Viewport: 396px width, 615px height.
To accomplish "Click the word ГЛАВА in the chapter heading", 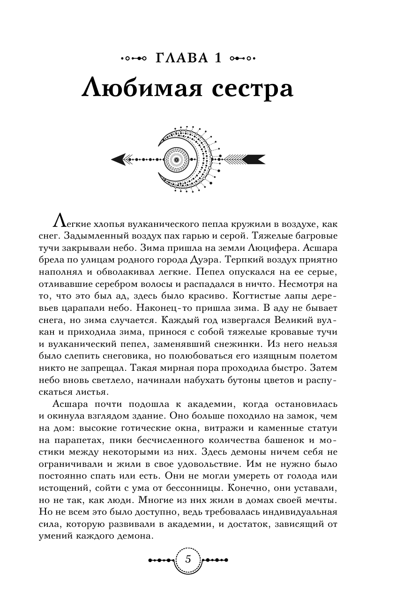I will point(181,59).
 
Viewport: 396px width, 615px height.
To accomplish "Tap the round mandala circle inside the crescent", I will point(177,159).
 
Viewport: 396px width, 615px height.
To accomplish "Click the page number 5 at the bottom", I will point(188,559).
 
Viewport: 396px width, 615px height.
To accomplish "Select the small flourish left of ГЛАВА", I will point(133,59).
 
